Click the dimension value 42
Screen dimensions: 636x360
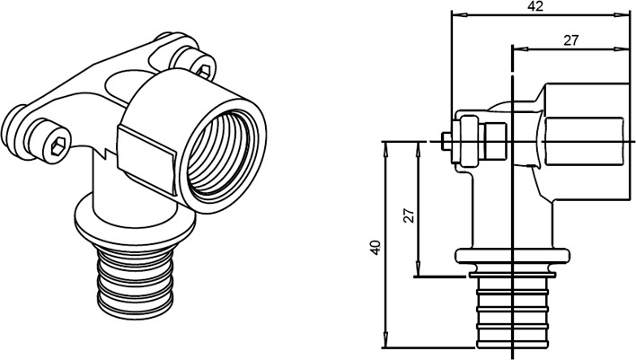click(535, 6)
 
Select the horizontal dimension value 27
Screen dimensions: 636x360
click(570, 40)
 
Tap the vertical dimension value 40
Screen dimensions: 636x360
click(375, 248)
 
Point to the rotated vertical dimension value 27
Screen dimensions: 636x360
click(410, 215)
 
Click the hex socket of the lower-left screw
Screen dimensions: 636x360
click(59, 145)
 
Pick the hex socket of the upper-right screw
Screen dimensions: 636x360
click(205, 71)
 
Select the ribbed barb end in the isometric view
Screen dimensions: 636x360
click(136, 282)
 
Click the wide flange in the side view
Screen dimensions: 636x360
click(513, 256)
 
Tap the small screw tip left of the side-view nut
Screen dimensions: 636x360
click(446, 142)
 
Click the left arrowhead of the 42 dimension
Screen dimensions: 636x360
click(457, 15)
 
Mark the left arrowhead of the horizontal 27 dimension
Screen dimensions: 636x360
click(519, 49)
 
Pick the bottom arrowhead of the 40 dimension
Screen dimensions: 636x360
click(385, 339)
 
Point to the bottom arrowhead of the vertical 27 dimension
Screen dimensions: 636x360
click(419, 269)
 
